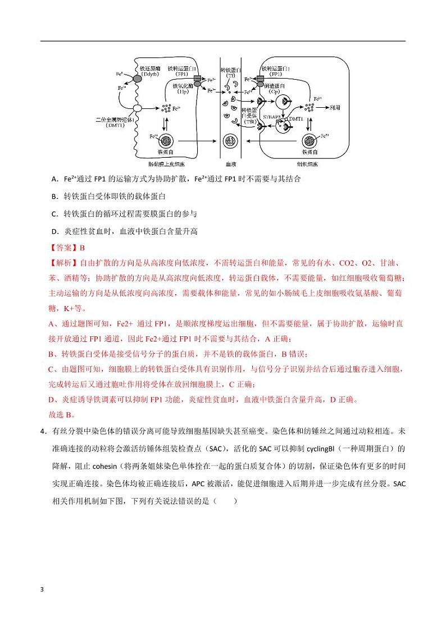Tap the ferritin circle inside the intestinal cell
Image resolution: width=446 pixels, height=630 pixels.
click(x=166, y=141)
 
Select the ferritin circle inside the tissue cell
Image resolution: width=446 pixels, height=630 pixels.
click(x=310, y=141)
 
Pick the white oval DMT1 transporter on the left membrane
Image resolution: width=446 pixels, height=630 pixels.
click(x=136, y=108)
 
